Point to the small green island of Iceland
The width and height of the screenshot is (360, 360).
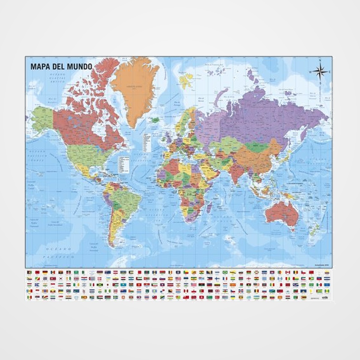click(x=154, y=119)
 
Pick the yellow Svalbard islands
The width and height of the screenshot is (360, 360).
click(x=186, y=81)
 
